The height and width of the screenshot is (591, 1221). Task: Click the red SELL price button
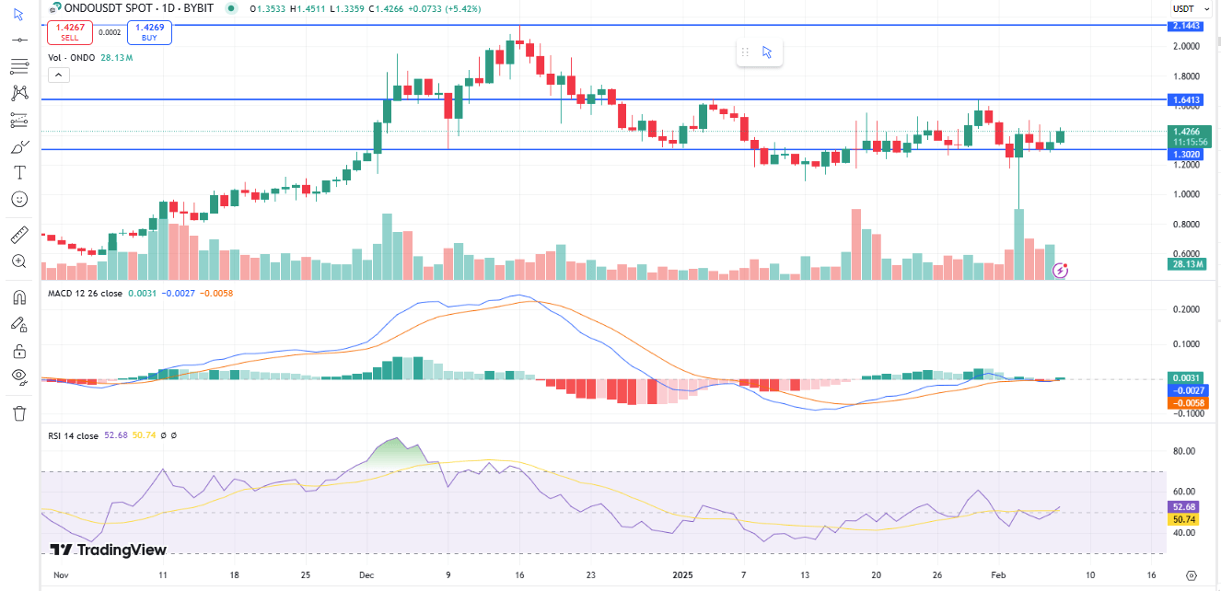(70, 33)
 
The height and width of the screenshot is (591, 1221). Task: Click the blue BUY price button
(150, 33)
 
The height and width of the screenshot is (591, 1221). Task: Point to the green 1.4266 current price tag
(1189, 132)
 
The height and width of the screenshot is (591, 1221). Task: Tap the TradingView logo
(109, 550)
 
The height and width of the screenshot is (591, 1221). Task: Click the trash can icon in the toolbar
(19, 412)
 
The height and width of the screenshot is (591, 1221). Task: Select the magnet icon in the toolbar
(19, 297)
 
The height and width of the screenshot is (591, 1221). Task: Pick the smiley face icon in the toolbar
(19, 199)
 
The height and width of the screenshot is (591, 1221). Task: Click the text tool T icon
(19, 172)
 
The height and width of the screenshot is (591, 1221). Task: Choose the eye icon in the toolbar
(19, 376)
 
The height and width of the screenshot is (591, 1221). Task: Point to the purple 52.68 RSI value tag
(1182, 506)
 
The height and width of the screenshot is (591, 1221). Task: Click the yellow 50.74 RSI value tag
(1182, 519)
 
